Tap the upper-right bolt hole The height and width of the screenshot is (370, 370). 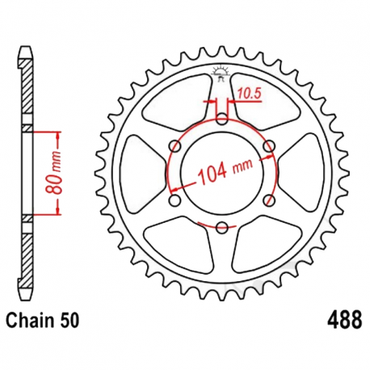[270, 146]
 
